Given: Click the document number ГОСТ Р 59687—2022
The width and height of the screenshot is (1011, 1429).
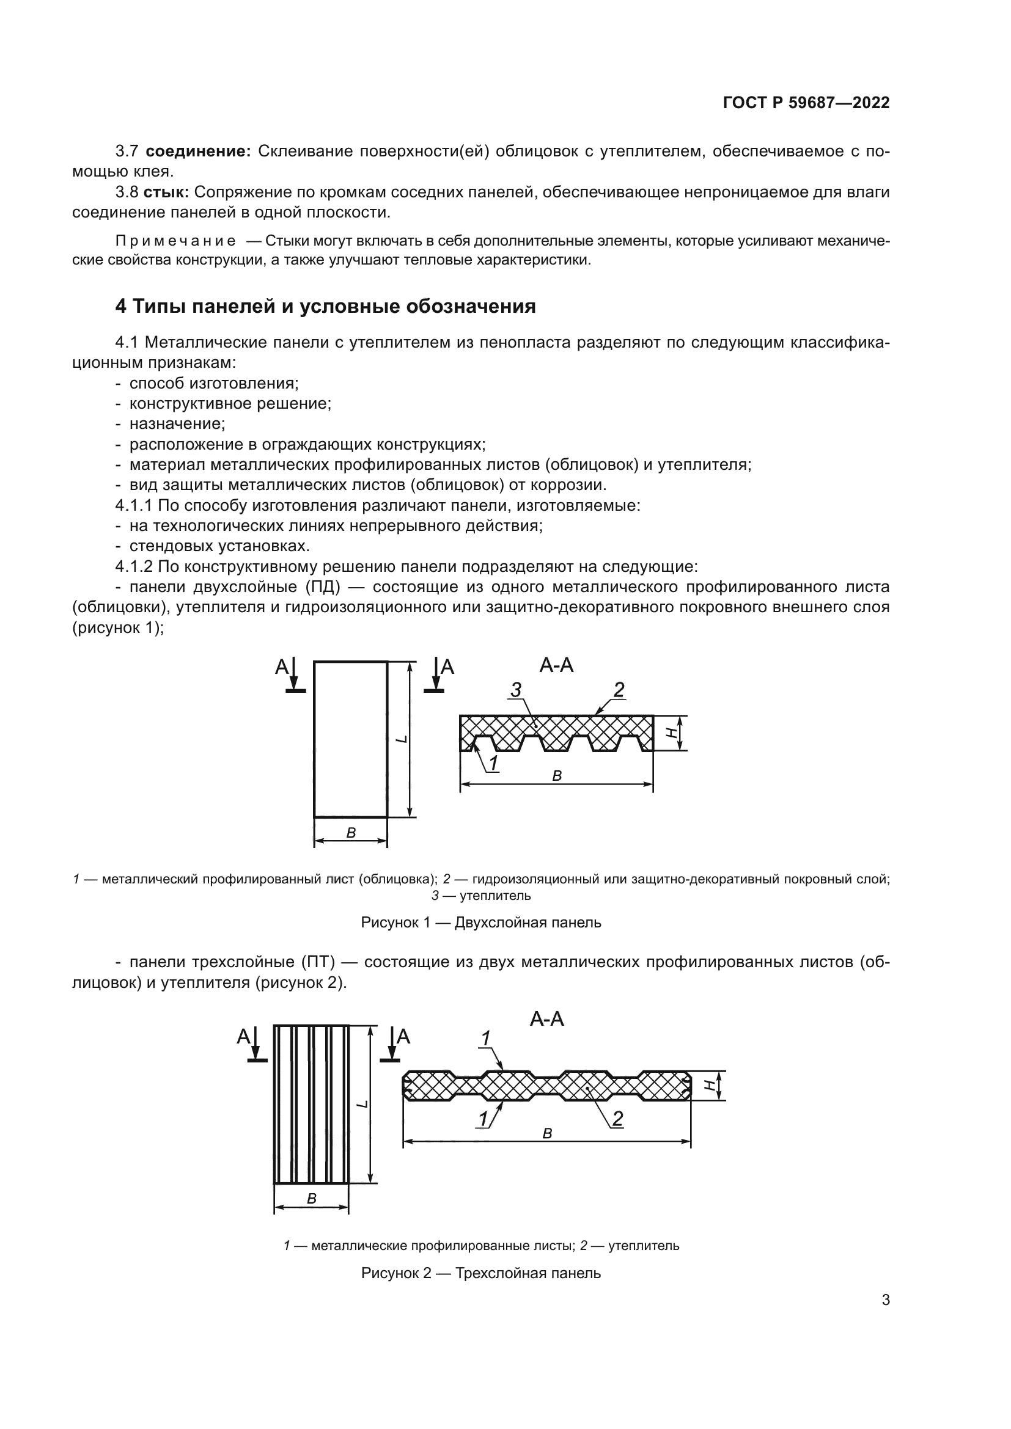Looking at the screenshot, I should [806, 103].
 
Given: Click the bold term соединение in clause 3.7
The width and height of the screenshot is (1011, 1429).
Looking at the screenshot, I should [198, 152].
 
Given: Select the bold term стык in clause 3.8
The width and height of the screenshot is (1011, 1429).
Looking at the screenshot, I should [166, 192].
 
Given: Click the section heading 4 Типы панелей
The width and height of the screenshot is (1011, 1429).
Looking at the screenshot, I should [325, 306].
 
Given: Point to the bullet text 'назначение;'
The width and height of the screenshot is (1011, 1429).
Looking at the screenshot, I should [177, 424].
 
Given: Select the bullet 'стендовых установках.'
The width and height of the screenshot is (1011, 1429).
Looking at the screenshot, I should [219, 546].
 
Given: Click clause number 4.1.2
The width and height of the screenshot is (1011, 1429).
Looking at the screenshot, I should [134, 566].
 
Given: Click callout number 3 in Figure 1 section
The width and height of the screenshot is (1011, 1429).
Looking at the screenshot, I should [515, 690].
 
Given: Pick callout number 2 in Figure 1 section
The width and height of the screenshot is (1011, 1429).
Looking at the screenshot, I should [618, 690].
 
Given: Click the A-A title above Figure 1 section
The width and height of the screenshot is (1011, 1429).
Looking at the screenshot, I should [556, 665].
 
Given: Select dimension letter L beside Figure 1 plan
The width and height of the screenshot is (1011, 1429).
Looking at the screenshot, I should [402, 739].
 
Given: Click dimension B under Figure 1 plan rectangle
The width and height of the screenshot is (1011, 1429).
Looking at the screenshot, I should [350, 833].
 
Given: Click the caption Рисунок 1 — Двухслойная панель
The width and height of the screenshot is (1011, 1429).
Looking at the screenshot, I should [480, 923].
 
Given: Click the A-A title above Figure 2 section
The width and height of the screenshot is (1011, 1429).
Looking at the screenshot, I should [546, 1019].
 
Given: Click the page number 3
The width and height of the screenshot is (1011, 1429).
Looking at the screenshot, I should [885, 1299].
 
